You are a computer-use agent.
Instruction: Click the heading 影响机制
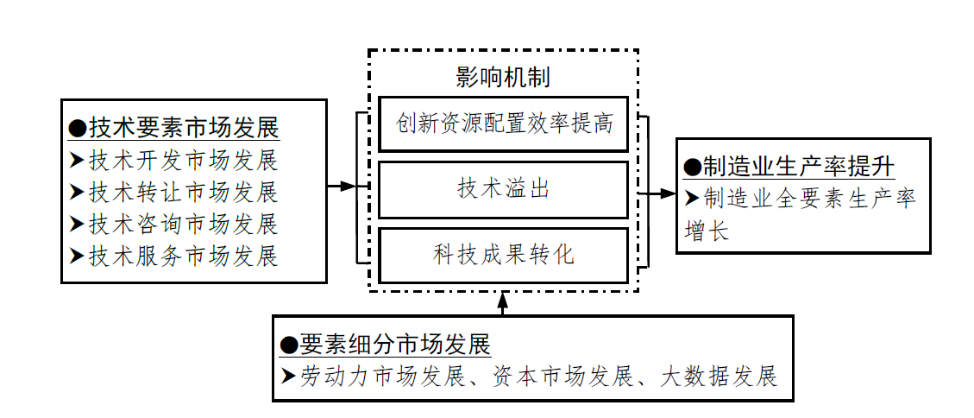[x=503, y=77]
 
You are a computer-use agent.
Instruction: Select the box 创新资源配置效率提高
[x=504, y=123]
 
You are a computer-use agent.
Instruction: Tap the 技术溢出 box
[x=504, y=189]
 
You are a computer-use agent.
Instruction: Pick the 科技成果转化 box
[x=504, y=255]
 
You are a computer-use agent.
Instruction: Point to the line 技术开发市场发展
[x=183, y=161]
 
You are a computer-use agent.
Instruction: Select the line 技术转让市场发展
[x=183, y=192]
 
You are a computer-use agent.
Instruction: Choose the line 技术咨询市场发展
[x=183, y=224]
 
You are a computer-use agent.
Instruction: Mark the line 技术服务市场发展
[x=183, y=256]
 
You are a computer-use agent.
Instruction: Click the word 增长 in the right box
[x=707, y=231]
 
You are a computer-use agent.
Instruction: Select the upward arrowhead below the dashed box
[x=504, y=298]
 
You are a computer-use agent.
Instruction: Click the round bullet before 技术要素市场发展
[x=78, y=129]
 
